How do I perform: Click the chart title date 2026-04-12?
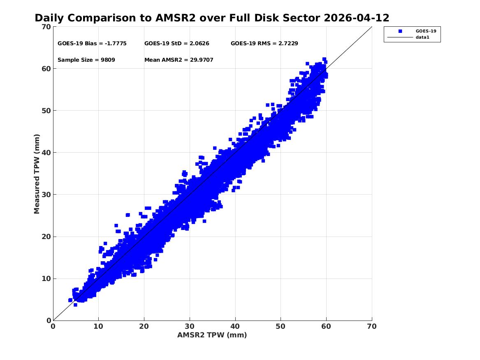click(356, 18)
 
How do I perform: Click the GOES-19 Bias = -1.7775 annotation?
click(92, 44)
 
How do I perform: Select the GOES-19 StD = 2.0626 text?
click(177, 44)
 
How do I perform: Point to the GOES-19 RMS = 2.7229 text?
click(264, 44)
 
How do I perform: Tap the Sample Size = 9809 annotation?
click(86, 60)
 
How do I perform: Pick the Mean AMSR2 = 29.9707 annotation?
click(179, 60)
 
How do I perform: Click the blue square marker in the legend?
click(400, 31)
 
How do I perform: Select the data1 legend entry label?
click(422, 37)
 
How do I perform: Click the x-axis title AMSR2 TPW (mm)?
click(212, 335)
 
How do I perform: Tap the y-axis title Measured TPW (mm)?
click(37, 174)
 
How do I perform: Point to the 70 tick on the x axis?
click(372, 326)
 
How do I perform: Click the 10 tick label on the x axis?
click(99, 326)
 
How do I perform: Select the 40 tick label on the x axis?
click(235, 326)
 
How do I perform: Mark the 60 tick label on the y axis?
click(46, 69)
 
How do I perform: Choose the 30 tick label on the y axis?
click(46, 194)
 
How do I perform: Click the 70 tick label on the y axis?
click(46, 27)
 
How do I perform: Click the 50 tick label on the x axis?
click(281, 326)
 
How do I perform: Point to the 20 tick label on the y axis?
click(46, 237)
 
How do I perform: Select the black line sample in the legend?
click(400, 37)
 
